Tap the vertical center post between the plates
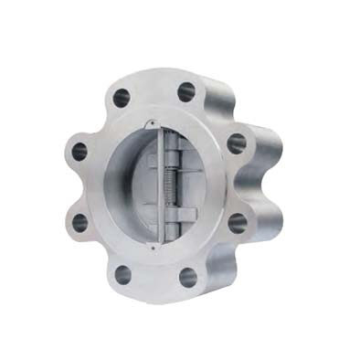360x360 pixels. point(160,183)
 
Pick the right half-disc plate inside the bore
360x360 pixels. point(194,187)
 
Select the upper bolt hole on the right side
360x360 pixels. point(236,143)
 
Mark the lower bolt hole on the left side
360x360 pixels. point(79,221)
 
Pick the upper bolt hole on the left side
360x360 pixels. point(79,150)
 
